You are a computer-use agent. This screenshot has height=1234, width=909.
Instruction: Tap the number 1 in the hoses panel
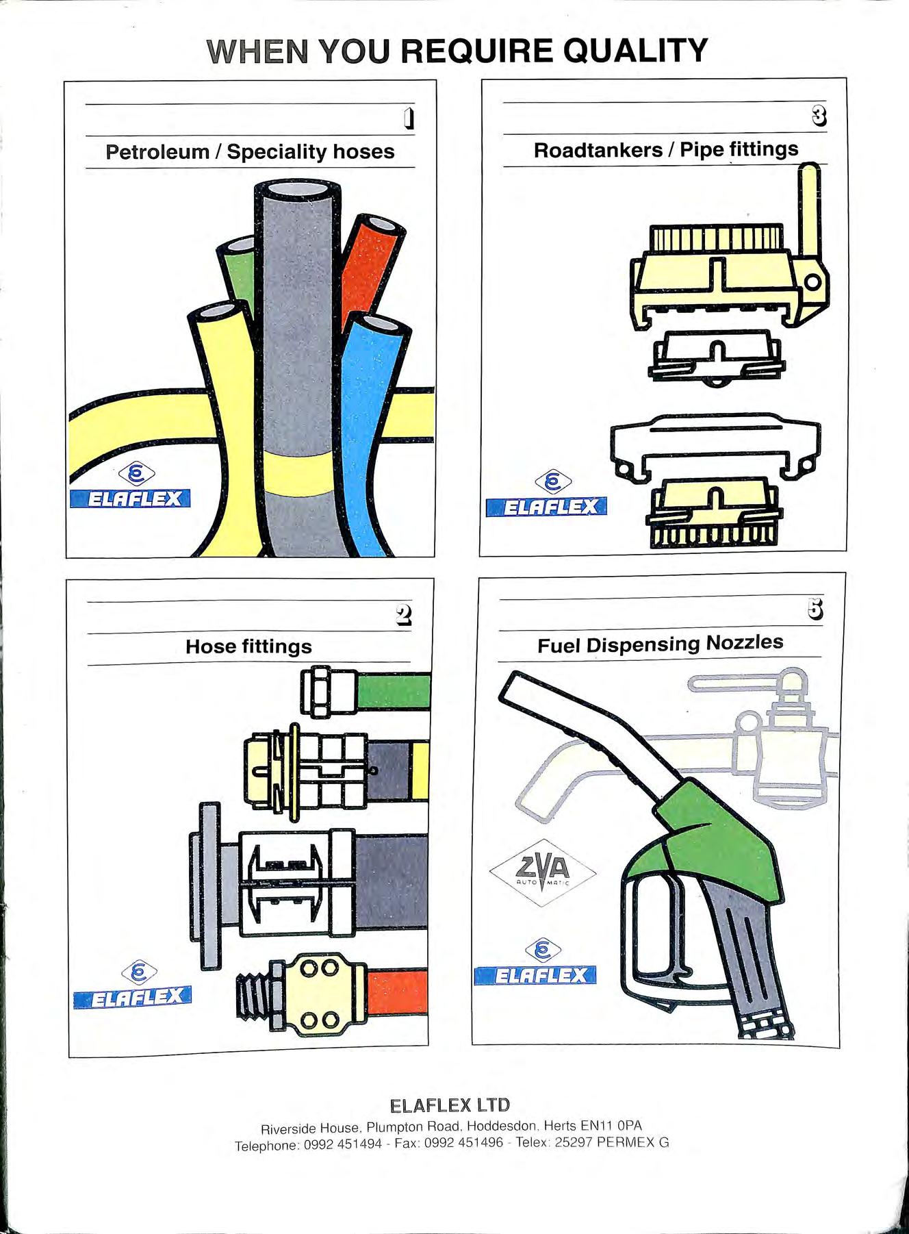point(409,119)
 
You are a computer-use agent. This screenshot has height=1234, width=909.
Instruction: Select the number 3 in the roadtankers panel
point(819,117)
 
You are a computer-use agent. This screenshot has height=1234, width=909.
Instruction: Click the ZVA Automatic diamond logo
point(543,872)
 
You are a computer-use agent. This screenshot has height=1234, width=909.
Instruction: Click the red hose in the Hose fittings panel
point(398,991)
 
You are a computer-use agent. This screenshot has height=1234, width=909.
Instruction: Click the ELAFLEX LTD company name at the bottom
point(450,1105)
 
